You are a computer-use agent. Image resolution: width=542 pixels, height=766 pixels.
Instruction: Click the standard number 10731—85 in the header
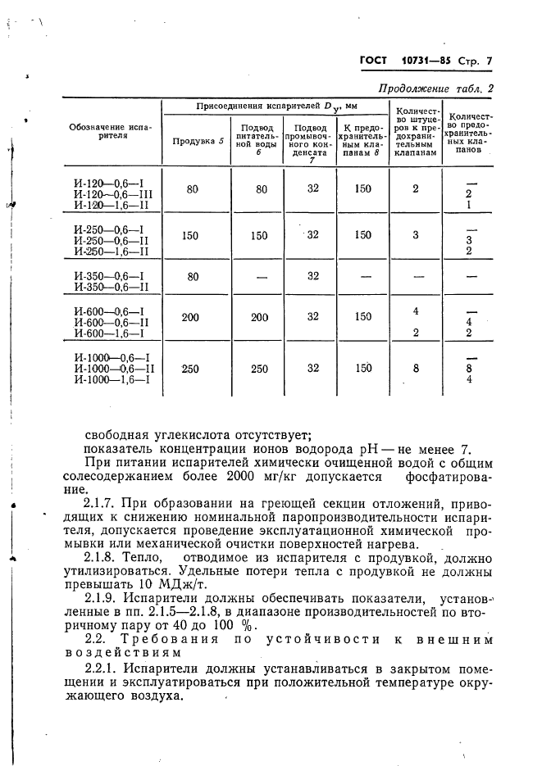click(x=430, y=61)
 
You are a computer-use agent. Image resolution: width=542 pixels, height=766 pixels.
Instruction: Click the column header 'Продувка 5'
click(x=198, y=140)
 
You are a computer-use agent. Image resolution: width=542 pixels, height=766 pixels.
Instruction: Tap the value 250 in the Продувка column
click(x=191, y=369)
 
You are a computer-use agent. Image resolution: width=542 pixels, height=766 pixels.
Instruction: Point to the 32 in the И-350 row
click(x=312, y=276)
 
